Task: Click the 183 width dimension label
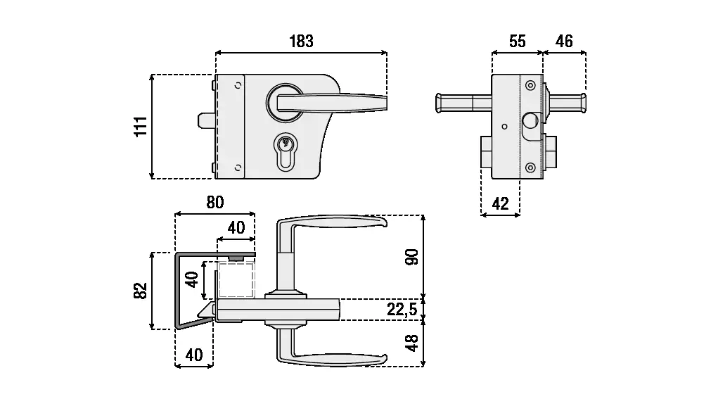tap(301, 41)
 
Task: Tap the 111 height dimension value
tap(141, 126)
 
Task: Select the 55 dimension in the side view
tap(517, 41)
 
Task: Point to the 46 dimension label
tap(564, 41)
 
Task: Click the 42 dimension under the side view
tap(500, 204)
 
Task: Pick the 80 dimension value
tap(214, 202)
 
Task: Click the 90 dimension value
tap(413, 257)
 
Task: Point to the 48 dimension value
tap(413, 343)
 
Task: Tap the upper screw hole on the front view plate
tap(238, 85)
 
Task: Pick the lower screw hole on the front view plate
tap(238, 167)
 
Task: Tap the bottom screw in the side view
tap(530, 167)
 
